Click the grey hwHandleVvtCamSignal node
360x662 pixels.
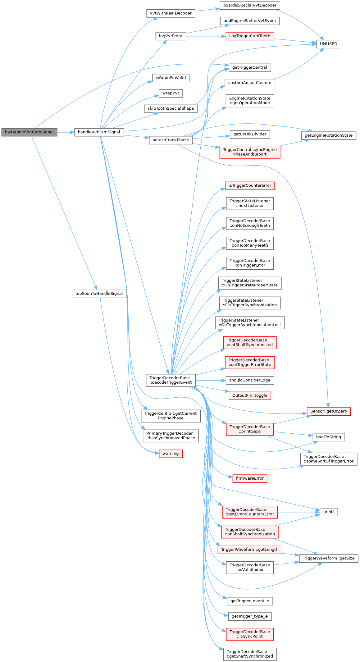point(29,132)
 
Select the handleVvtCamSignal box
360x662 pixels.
point(99,132)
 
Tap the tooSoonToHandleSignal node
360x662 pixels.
point(99,294)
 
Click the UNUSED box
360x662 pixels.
point(328,44)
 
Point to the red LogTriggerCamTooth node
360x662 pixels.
point(250,36)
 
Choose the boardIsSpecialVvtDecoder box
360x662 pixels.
point(250,5)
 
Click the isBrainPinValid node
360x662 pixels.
point(171,78)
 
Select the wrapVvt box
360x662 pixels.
point(171,93)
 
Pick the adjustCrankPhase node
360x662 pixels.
point(171,140)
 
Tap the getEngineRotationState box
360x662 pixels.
point(328,135)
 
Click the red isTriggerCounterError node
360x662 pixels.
point(250,185)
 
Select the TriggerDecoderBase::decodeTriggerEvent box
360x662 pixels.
point(171,380)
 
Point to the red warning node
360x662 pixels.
point(171,454)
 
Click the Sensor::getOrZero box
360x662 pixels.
point(328,411)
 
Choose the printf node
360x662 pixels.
point(328,512)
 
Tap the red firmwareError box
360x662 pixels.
point(250,478)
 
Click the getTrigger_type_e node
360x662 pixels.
point(250,616)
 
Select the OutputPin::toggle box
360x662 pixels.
point(250,396)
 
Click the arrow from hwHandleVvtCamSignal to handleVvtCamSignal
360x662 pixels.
point(66,132)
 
